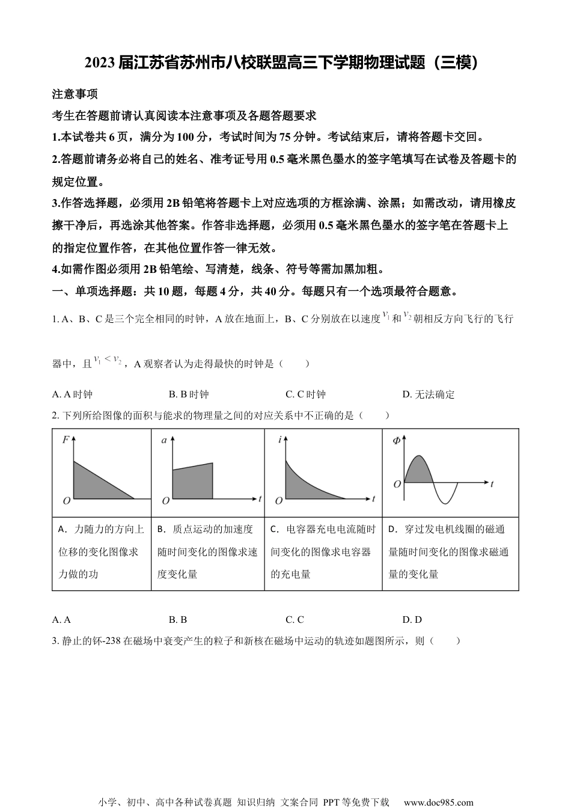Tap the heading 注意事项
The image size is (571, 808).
point(75,94)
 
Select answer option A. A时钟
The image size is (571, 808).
point(73,394)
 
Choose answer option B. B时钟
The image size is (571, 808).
point(189,394)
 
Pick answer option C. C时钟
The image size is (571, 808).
point(305,394)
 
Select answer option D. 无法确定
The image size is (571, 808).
point(429,394)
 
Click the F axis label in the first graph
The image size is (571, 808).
point(66,440)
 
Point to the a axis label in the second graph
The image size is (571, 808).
point(165,441)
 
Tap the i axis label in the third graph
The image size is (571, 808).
point(280,440)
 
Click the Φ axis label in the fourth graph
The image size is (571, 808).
point(396,441)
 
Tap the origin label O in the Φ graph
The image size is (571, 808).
point(397,484)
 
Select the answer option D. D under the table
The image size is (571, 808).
point(412,619)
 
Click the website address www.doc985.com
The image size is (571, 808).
point(438,802)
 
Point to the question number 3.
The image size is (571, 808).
point(55,641)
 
